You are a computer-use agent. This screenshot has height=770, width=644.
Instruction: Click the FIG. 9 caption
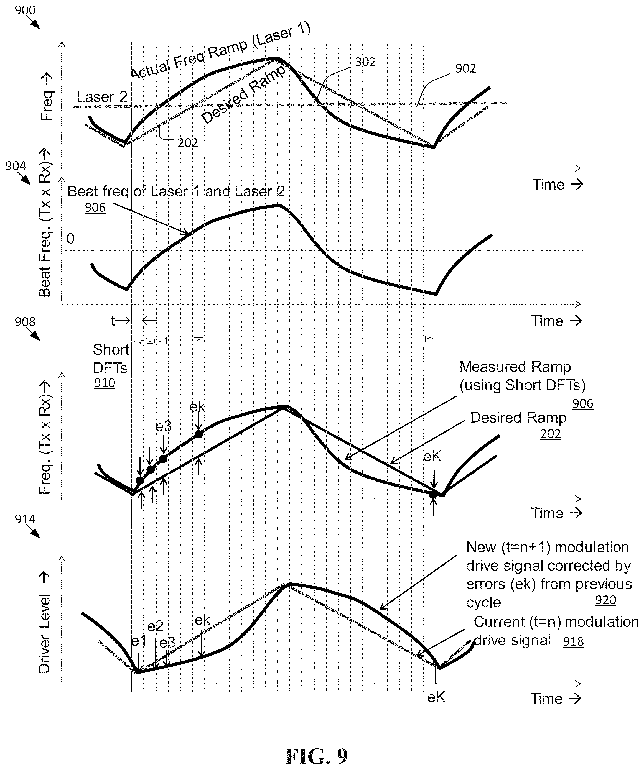tap(316, 755)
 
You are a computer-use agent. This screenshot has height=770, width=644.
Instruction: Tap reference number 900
tap(25, 10)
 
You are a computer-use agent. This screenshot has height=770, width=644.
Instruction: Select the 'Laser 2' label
tap(102, 97)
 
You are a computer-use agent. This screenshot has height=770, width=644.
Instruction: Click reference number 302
tap(365, 62)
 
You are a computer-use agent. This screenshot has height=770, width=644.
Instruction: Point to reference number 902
tap(465, 68)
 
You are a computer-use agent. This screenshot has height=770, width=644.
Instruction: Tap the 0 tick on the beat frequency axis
tap(70, 239)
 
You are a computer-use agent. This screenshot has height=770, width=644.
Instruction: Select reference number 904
tap(16, 166)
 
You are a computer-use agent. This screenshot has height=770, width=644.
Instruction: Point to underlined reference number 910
tap(105, 383)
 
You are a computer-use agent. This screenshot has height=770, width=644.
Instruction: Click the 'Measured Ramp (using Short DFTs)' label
tap(522, 376)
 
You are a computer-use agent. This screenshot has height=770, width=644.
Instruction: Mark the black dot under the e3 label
tap(163, 459)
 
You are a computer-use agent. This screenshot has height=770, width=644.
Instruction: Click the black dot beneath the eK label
tap(433, 494)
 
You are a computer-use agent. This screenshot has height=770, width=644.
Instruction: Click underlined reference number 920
tap(605, 600)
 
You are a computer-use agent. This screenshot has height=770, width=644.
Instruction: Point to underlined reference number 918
tap(573, 641)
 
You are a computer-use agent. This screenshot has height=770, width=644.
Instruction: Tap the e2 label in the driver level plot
tap(155, 626)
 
